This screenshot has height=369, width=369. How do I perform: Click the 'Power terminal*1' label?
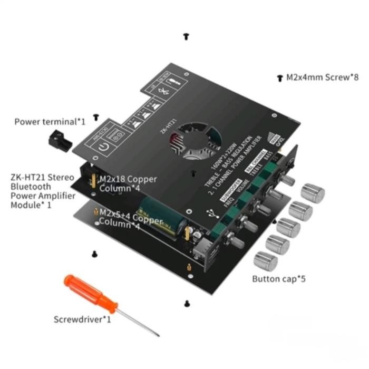point(50,122)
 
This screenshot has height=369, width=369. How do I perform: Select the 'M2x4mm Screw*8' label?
point(322,77)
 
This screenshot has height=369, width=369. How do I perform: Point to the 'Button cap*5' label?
point(279,278)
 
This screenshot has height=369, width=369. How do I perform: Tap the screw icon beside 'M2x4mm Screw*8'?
point(279,77)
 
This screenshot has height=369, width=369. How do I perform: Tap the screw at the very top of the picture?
point(186,36)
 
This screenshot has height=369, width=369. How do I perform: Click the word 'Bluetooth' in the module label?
point(31,186)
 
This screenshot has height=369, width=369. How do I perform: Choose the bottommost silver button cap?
point(265,260)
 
